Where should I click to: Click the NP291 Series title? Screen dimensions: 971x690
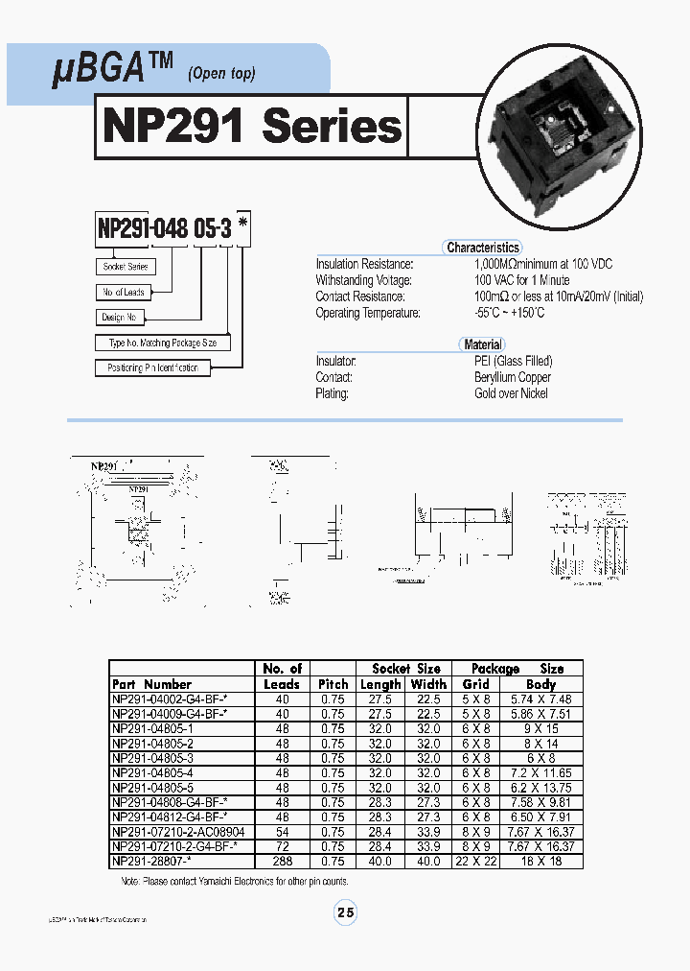[251, 126]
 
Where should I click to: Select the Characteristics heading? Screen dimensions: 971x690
[483, 248]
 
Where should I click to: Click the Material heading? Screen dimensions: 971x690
[483, 344]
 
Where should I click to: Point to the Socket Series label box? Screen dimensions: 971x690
[126, 267]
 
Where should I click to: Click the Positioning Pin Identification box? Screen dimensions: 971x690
[153, 367]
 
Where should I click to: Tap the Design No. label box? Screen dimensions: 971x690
[120, 318]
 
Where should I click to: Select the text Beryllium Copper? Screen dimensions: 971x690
[513, 377]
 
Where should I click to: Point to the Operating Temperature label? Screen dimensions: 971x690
[368, 313]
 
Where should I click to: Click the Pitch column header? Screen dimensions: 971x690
[333, 684]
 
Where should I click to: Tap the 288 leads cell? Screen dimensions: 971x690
[282, 862]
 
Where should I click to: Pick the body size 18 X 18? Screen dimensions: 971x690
[540, 862]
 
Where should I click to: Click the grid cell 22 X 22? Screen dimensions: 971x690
[475, 862]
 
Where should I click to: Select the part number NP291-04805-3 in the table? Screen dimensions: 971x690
[152, 756]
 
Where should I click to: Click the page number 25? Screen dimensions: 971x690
[345, 913]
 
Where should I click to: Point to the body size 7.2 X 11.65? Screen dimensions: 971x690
[540, 771]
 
